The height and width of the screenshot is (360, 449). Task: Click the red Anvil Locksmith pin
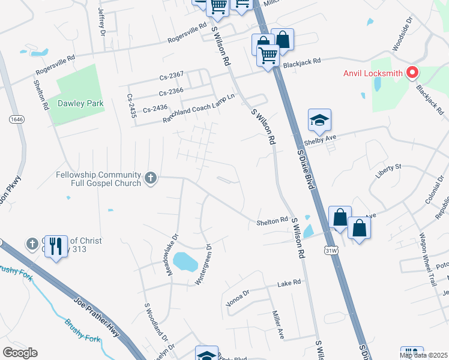point(412,73)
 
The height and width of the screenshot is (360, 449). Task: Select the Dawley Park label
point(80,103)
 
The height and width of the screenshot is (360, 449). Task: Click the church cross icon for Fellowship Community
point(151,178)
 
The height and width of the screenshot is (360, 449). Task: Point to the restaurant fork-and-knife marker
point(56,246)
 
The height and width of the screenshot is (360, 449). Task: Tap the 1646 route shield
point(16,119)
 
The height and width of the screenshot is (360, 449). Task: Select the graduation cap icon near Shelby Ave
point(320,121)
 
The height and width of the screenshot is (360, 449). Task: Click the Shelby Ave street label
point(320,137)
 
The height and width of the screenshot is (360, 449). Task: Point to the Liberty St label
point(388,166)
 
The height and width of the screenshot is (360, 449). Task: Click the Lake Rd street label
point(288,283)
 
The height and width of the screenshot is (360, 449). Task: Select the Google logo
point(20,353)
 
